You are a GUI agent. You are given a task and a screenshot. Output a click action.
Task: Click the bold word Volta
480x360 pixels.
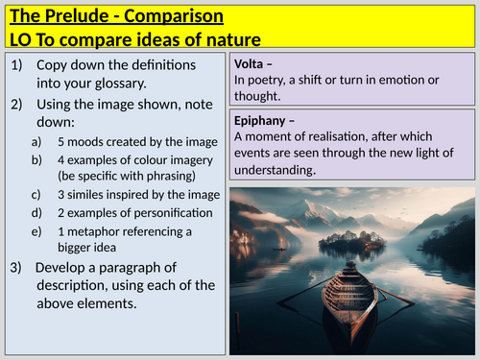pos(252,63)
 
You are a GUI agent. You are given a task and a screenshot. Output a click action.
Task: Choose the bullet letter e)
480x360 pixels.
pos(36,230)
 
